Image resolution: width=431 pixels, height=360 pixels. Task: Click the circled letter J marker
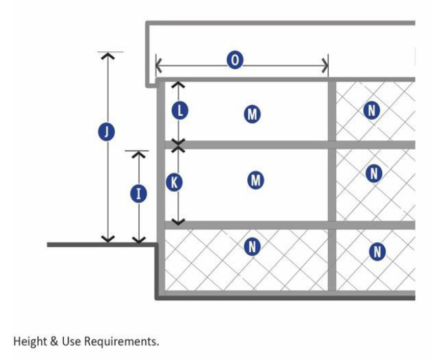pos(105,132)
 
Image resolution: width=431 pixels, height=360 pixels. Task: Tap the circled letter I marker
pos(139,194)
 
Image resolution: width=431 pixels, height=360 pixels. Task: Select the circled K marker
pos(174,182)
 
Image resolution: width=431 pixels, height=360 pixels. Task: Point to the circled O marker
pos(234,61)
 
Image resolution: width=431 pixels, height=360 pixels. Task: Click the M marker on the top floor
pos(252,114)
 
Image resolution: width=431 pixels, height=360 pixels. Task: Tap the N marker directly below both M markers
pos(251,247)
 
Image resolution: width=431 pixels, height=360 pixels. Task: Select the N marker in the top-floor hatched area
pos(371,110)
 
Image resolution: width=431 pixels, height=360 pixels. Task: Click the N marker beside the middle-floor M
pos(374,174)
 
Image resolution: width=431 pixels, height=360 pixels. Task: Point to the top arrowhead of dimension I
pos(138,154)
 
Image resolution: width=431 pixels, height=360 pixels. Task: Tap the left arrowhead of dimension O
pos(159,65)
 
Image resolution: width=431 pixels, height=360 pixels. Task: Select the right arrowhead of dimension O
pos(325,65)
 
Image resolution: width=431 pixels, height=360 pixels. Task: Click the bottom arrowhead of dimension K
pos(178,222)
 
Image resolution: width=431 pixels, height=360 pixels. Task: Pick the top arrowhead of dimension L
pos(178,85)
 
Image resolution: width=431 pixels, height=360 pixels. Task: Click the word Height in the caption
pos(29,342)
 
